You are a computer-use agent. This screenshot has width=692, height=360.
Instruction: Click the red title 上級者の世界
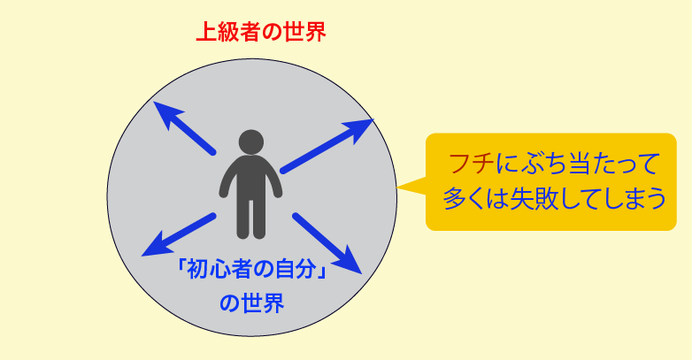[x=261, y=32]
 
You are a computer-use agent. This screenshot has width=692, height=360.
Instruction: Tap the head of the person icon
[x=251, y=142]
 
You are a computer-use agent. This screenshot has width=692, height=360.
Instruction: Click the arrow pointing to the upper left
[x=184, y=127]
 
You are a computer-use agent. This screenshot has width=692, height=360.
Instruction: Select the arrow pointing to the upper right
[x=327, y=146]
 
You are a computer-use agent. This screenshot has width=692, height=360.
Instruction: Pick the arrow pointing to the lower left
[x=179, y=234]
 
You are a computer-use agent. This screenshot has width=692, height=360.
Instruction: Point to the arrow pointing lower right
[x=327, y=243]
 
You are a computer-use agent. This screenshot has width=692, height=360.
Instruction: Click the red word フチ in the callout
[x=471, y=165]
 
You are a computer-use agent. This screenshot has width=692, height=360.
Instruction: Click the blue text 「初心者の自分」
[x=251, y=269]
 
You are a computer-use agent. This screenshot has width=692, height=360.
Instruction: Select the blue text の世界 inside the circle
[x=251, y=303]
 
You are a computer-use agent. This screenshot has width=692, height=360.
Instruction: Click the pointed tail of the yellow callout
[x=396, y=188]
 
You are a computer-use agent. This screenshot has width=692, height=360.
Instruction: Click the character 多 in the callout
[x=454, y=199]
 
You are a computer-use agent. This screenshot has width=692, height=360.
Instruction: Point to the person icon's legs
[x=251, y=218]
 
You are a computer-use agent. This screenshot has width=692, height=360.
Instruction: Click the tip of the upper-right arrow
[x=373, y=119]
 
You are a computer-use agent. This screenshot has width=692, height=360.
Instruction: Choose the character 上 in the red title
[x=206, y=32]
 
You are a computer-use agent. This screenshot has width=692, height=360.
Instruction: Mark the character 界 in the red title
[x=315, y=32]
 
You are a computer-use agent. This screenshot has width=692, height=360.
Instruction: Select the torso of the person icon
[x=250, y=177]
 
